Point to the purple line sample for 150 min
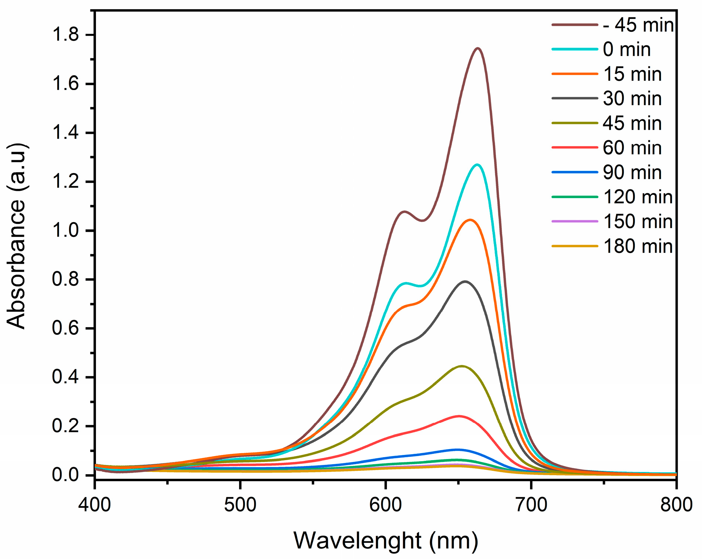click(575, 221)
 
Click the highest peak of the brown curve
click(478, 48)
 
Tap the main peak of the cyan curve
click(477, 165)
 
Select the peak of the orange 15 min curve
click(470, 220)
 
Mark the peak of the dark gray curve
click(465, 282)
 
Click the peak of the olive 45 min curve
click(461, 366)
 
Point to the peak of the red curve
click(459, 416)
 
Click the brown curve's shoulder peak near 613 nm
click(405, 211)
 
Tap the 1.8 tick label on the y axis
click(65, 35)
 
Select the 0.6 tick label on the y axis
click(65, 328)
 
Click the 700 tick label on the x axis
click(531, 505)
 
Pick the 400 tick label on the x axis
click(95, 505)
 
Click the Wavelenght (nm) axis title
click(385, 541)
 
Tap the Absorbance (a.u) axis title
click(17, 236)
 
